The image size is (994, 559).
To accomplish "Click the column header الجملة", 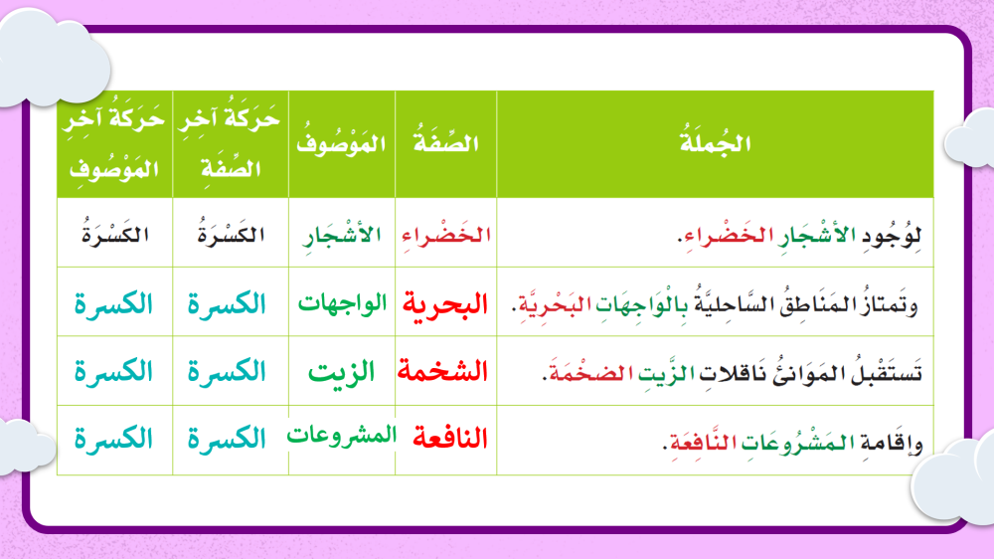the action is [715, 143].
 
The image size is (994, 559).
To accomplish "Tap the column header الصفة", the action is [445, 142].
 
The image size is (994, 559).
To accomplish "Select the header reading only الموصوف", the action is [341, 143].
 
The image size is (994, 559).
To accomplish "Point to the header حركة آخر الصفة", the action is [230, 143].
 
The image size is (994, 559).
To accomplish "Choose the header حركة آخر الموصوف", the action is [114, 144].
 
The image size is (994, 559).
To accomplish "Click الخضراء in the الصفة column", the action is [446, 236].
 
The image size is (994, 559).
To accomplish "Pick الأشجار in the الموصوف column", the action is [342, 236].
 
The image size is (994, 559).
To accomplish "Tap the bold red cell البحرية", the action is [445, 304].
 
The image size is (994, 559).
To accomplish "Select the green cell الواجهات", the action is [342, 303].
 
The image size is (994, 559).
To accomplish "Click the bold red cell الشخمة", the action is [442, 371].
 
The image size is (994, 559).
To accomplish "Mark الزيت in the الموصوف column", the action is [342, 371].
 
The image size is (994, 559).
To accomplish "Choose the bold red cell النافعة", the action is [450, 438].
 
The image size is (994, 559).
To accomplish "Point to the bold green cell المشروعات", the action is [342, 436].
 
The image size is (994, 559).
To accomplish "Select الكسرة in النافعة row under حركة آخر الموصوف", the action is [113, 438].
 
